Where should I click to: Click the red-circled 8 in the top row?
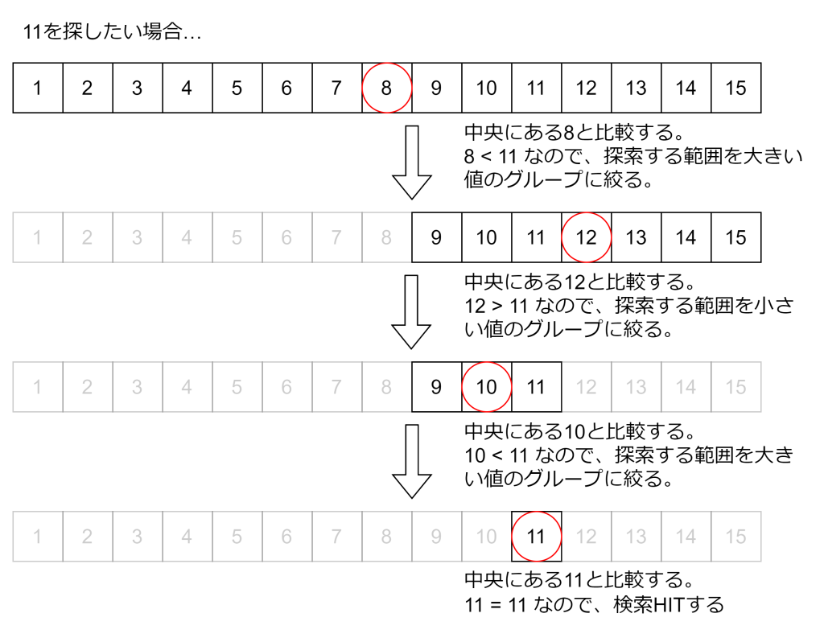pyautogui.click(x=386, y=88)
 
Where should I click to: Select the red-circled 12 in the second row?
pyautogui.click(x=586, y=237)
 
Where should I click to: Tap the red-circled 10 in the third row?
pyautogui.click(x=486, y=387)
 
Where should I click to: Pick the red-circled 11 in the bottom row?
pyautogui.click(x=536, y=537)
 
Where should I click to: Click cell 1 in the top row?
pyautogui.click(x=37, y=88)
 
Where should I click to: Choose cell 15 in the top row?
pyautogui.click(x=735, y=88)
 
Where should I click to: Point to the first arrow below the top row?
pyautogui.click(x=412, y=162)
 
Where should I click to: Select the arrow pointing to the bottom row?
pyautogui.click(x=412, y=461)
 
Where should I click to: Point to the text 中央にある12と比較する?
pyautogui.click(x=579, y=282)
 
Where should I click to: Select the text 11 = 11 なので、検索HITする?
pyautogui.click(x=594, y=604)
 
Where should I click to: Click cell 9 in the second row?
pyautogui.click(x=436, y=237)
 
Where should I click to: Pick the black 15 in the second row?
pyautogui.click(x=735, y=237)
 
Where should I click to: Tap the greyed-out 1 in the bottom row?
pyautogui.click(x=37, y=537)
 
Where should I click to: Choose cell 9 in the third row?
pyautogui.click(x=436, y=387)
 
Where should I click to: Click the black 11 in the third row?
pyautogui.click(x=536, y=387)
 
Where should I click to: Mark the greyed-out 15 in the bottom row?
pyautogui.click(x=735, y=537)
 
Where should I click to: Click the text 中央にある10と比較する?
pyautogui.click(x=579, y=432)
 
